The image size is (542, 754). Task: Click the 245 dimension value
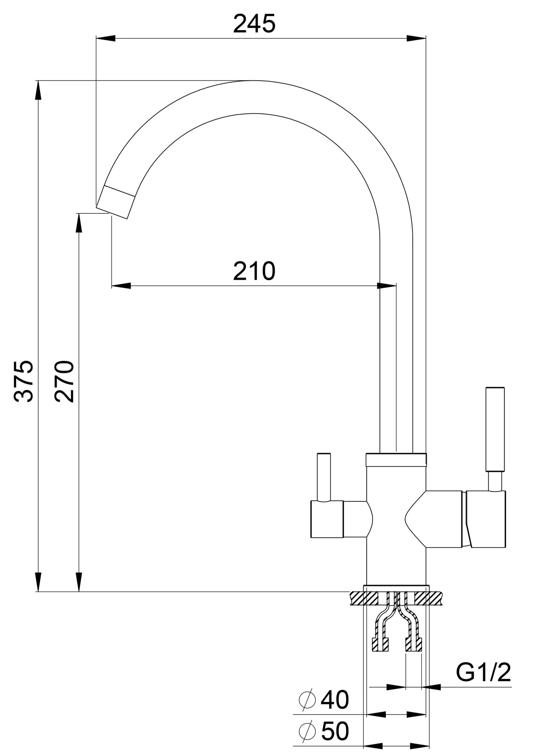point(254,24)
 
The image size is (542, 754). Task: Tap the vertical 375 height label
point(24,381)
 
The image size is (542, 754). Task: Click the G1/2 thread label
point(483,672)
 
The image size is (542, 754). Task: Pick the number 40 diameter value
point(335,700)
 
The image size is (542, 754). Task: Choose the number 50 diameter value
point(335,731)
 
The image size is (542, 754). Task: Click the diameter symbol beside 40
point(307,700)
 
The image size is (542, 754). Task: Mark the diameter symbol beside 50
point(307,731)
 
